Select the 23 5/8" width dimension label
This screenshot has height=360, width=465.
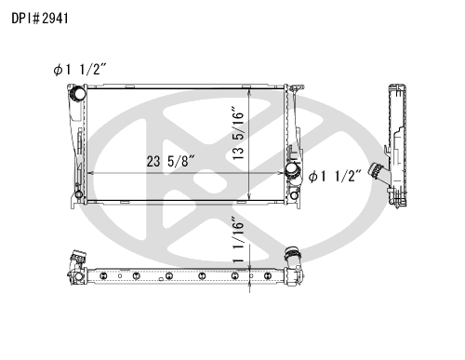coord(170,160)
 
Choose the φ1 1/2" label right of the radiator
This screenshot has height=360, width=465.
coord(335,175)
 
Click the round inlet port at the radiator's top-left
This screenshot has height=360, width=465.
coord(75,92)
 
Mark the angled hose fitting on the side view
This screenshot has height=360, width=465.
coord(377,173)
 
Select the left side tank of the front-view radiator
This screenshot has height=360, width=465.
coord(77,144)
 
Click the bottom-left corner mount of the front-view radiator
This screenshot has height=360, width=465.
coord(78,197)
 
